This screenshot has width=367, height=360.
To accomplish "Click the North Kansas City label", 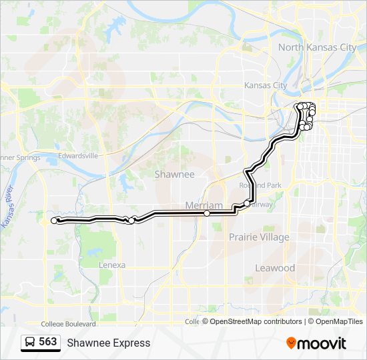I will pos(317,47).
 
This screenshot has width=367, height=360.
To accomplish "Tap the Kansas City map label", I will pos(266,85).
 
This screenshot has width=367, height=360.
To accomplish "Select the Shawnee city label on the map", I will pos(174,174).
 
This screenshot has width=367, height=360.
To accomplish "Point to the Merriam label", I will pos(204,205).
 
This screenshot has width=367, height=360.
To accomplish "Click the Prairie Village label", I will pos(259,237).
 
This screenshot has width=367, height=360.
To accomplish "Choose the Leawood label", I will pos(275,268).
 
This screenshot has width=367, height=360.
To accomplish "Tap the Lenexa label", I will pos(111,265).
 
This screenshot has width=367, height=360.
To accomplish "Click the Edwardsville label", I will pos(78,155).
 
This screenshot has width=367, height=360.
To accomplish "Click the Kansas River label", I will pos(8,207).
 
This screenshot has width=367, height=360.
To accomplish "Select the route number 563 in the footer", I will pos(48,342).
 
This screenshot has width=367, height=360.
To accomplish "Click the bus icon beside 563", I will pos(30,343).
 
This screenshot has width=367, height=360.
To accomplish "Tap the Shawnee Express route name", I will pos(108,343).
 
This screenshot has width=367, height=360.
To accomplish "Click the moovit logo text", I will pos(323,343).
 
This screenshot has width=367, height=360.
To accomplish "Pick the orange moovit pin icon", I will pos(292,343).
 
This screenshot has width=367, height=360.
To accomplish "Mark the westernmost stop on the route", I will pos(54,220).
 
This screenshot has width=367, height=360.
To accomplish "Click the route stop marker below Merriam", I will pos(207,213).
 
